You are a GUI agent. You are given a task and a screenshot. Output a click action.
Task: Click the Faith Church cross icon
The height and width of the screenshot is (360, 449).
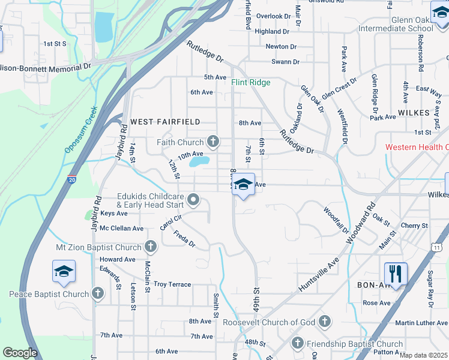212,142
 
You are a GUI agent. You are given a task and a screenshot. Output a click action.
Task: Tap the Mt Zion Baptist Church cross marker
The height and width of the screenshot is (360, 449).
151,247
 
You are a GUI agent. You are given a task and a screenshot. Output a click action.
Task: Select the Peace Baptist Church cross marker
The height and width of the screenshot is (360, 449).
98,294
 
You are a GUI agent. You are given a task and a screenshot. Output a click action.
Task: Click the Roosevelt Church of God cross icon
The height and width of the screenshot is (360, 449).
325,322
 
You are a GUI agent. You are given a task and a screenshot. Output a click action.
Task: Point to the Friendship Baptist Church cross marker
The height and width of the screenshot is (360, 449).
297,344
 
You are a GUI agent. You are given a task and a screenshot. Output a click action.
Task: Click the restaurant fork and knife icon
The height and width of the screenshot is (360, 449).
396,274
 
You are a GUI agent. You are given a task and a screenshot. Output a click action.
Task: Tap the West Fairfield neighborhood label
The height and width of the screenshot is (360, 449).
165,121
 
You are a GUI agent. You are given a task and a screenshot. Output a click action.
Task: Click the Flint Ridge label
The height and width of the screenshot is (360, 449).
251,82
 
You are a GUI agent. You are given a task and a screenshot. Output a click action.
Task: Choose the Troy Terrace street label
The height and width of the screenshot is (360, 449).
172,284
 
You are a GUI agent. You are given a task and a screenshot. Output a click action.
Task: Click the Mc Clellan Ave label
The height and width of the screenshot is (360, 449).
122,228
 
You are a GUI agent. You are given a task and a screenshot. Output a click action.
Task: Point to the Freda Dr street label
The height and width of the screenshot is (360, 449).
184,239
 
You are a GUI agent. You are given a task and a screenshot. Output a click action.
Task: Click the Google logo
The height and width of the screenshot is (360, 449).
20,353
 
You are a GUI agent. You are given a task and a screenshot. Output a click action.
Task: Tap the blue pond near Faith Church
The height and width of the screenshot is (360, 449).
199,161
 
